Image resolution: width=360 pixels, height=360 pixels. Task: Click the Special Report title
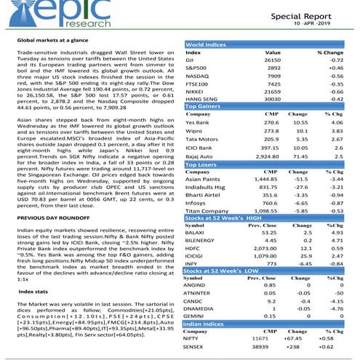pos(312,14)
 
